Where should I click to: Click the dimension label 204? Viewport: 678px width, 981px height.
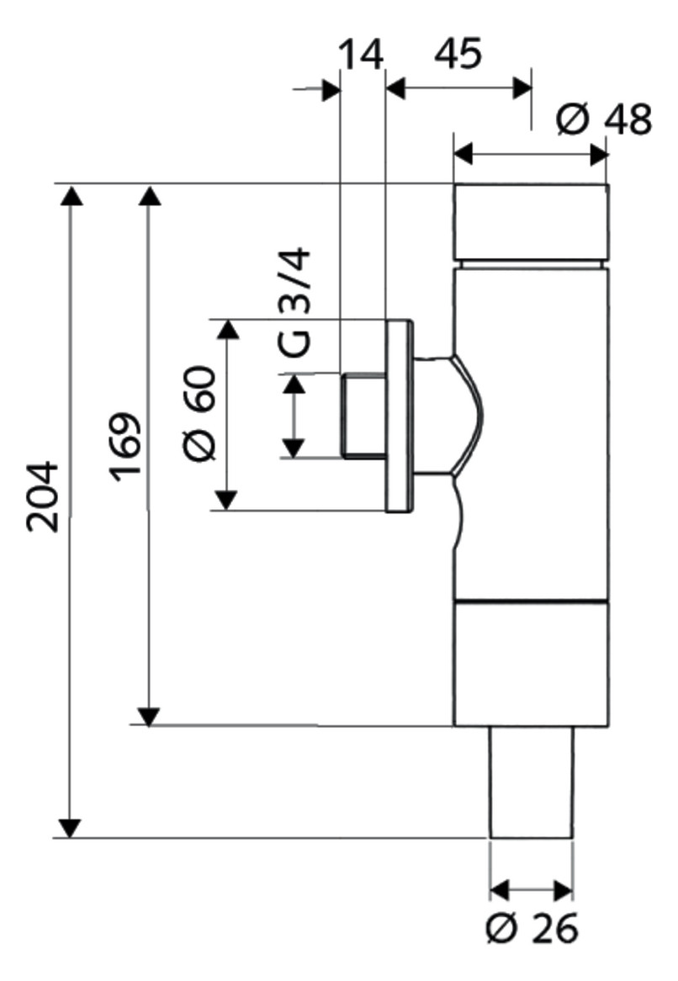(43, 496)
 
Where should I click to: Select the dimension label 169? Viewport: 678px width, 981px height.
(125, 446)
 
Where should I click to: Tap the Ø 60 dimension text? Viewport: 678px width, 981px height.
(201, 414)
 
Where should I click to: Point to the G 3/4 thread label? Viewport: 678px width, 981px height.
(294, 302)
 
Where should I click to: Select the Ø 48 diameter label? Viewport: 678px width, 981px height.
(604, 119)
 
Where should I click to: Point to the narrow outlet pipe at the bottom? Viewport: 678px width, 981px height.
(531, 782)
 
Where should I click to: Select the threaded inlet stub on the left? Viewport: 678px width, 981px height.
(364, 416)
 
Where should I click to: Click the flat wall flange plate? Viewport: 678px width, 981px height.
(399, 416)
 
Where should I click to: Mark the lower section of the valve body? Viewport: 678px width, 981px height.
(531, 663)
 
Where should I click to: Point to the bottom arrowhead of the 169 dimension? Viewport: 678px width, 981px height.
(149, 716)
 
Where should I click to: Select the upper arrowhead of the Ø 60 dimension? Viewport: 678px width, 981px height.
(227, 329)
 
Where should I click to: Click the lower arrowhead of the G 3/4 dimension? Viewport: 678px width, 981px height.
(294, 448)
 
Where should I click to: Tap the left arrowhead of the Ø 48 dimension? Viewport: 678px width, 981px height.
(463, 153)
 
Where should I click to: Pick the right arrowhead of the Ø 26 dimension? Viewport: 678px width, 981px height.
(562, 889)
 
